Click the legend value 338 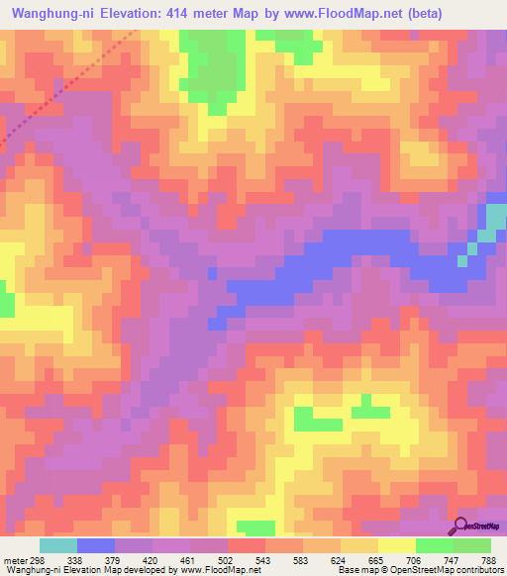(x=73, y=558)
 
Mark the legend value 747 (x=456, y=558)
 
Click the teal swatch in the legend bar (x=58, y=545)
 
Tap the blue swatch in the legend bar (x=96, y=545)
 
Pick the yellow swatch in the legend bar (x=397, y=545)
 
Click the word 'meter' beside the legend (x=14, y=558)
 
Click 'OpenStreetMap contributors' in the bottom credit (x=446, y=569)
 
